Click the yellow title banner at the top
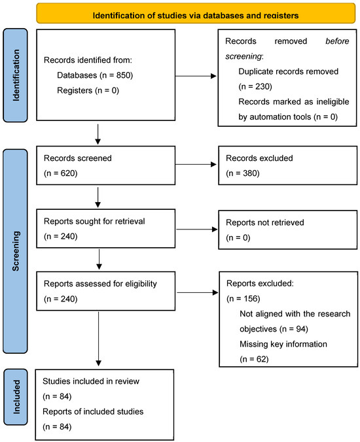[196, 13]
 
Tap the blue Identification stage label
[15, 75]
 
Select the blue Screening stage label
[15, 251]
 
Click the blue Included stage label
[16, 397]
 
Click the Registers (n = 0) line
[88, 90]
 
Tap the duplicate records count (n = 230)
[255, 86]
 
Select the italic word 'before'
[337, 41]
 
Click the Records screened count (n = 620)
[61, 173]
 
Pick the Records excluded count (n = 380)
[243, 173]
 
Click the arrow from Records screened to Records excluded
[196, 164]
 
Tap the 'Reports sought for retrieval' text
[94, 221]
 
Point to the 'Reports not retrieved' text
[265, 223]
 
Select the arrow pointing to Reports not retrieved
[197, 229]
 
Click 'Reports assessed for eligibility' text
[100, 284]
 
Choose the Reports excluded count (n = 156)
[243, 299]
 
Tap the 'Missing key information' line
[283, 344]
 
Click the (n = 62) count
[254, 359]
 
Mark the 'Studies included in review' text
[91, 381]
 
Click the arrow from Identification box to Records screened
[98, 135]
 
